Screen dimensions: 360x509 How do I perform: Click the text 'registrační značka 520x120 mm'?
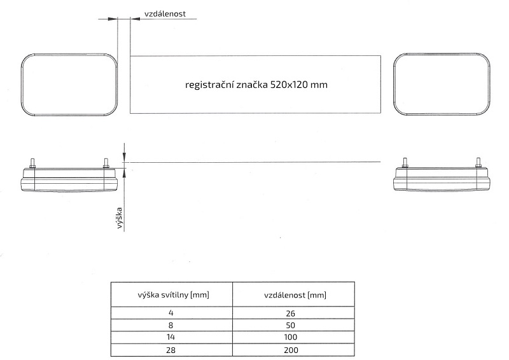[256, 84]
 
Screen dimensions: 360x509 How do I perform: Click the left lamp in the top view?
[70, 85]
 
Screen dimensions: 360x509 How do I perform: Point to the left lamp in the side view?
[69, 179]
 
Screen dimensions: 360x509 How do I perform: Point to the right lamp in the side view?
[442, 179]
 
